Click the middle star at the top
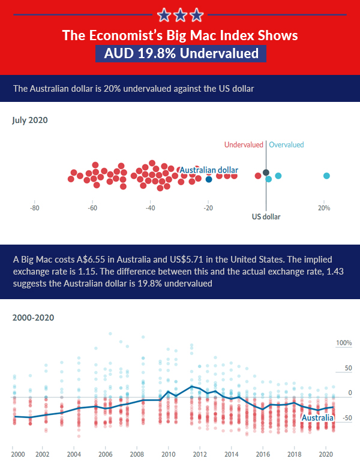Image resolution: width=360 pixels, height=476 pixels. coord(180,14)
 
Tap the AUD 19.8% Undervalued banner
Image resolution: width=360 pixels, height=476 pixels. coord(181,53)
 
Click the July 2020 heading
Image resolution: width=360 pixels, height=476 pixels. coord(30,120)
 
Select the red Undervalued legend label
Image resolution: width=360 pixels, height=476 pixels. coord(244,144)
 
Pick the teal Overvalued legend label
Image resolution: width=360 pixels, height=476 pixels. coord(286,144)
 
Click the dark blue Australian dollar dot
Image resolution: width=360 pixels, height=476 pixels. coord(209,179)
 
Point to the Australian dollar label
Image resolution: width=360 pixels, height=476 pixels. coord(209,170)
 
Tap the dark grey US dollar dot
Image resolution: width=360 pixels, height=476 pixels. coord(266,173)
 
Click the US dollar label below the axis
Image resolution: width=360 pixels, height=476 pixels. coord(266,216)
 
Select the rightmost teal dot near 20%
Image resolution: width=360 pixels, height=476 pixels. coord(326,176)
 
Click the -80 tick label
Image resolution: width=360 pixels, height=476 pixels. coord(35,208)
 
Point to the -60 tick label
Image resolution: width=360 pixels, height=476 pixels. coord(92,208)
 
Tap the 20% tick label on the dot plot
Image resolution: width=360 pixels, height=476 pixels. coord(324,208)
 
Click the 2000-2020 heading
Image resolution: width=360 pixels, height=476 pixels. coord(34,317)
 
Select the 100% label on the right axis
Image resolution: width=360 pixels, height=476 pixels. coord(343,343)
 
